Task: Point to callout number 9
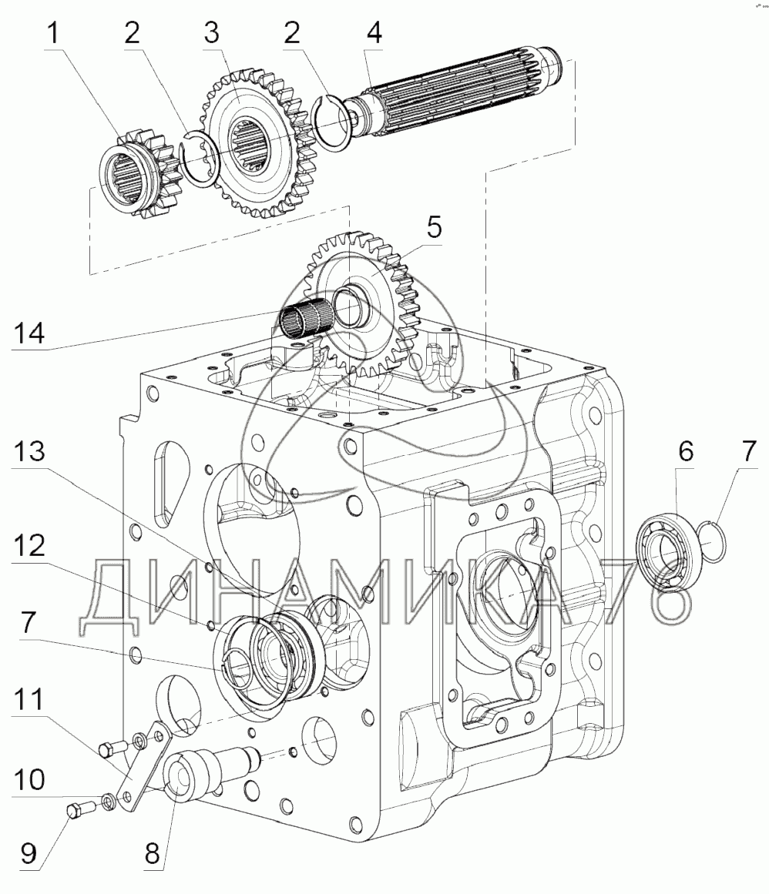coord(29,853)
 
